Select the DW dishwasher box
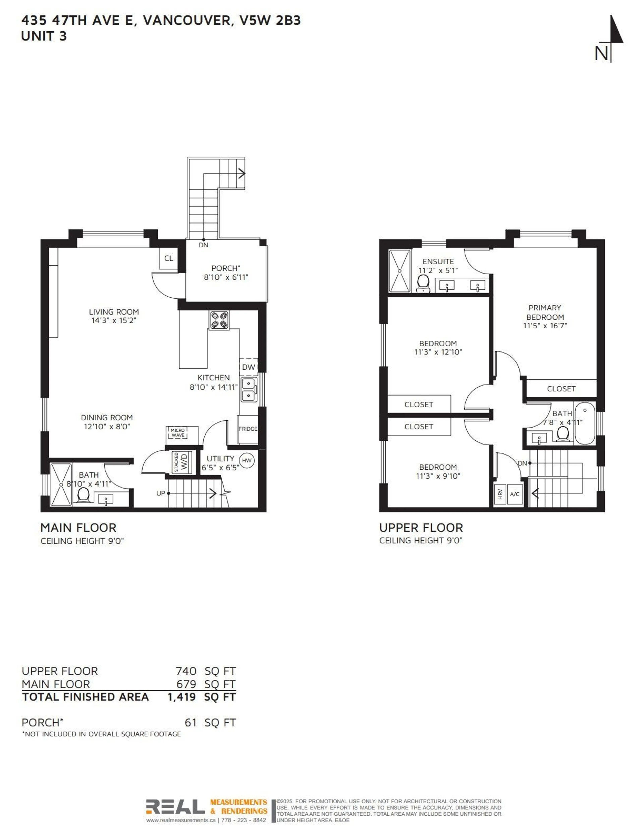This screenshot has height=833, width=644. click(248, 367)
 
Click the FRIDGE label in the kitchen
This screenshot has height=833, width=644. click(248, 429)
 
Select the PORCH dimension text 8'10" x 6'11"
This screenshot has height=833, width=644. click(226, 277)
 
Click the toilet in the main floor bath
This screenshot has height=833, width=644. click(83, 496)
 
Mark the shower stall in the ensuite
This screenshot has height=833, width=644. click(399, 271)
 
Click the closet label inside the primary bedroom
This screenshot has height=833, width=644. click(561, 389)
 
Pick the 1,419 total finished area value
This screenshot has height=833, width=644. click(182, 697)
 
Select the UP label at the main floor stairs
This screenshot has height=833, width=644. click(161, 493)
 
